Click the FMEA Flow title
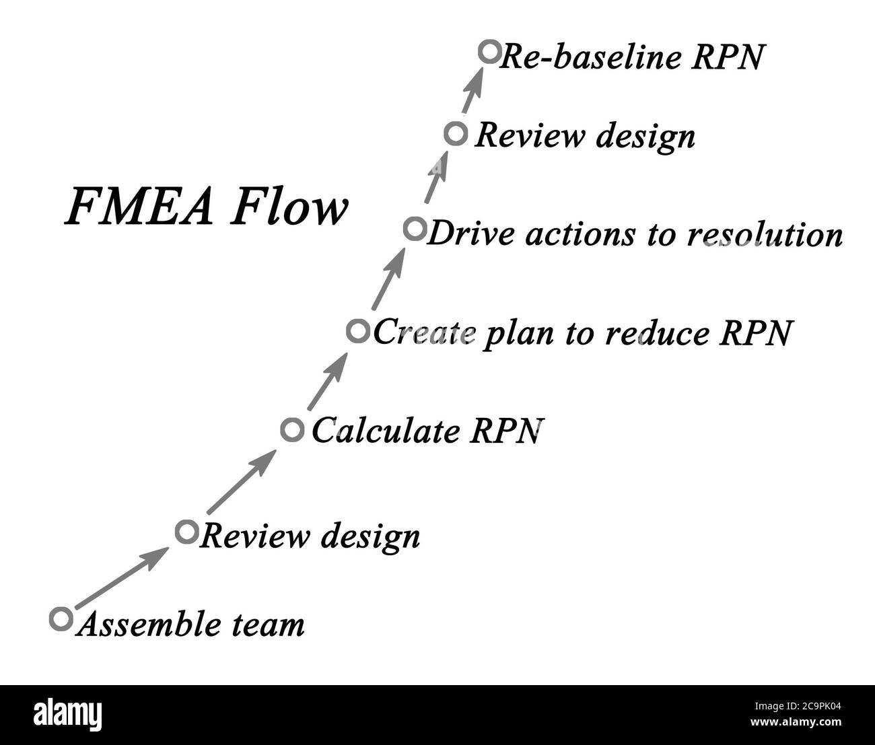[207, 207]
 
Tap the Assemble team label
[190, 625]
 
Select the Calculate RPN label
[426, 431]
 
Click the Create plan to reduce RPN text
[582, 332]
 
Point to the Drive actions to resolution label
[634, 235]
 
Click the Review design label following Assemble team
[310, 536]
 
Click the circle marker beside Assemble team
[61, 618]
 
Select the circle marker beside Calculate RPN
[291, 429]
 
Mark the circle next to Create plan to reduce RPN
[358, 330]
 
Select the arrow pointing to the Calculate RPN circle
[240, 483]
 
